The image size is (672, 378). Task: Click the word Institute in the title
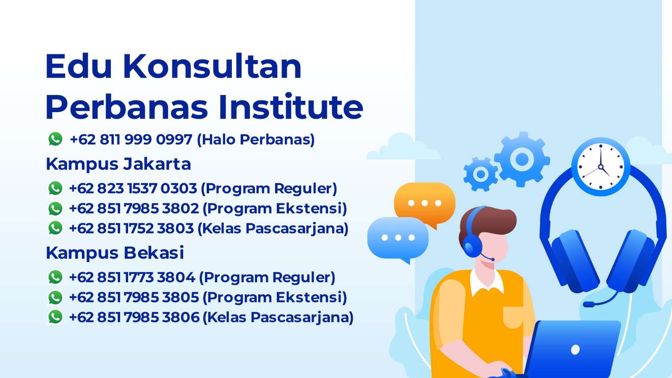pos(291,107)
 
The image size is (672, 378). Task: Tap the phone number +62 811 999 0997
pos(131,139)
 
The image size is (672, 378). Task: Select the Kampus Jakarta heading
pos(118,164)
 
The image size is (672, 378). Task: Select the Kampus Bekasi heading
pos(115,252)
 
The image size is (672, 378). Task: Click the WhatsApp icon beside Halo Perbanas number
pos(55,139)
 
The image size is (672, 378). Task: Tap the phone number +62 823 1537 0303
pos(133,189)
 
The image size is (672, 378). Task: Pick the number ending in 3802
pos(134,208)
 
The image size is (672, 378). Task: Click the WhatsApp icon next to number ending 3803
pos(55,228)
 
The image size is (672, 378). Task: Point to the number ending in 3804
pos(132,277)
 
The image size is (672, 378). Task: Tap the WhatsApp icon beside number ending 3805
pos(55,297)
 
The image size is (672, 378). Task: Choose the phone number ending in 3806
pos(134,317)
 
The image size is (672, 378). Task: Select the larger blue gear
pos(522,159)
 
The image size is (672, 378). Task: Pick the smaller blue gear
pos(480,174)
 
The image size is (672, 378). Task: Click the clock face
pos(601,167)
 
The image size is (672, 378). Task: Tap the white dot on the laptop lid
pos(575,349)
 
